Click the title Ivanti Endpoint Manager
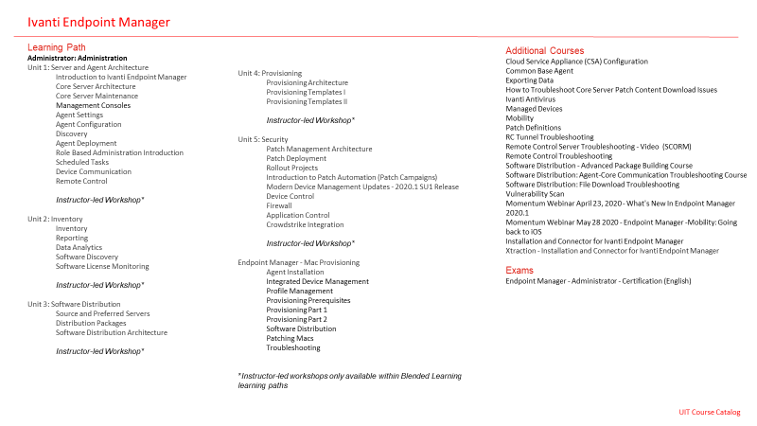pos(99,21)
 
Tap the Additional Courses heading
pos(544,50)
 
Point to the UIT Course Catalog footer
pos(709,412)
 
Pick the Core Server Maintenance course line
pos(97,96)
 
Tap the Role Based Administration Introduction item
pos(119,152)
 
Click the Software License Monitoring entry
pos(102,266)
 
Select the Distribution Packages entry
pos(91,323)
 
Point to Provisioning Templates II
pos(307,101)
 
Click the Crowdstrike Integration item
pos(305,224)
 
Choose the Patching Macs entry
pos(290,338)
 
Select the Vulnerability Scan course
pos(535,193)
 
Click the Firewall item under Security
pos(279,205)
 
